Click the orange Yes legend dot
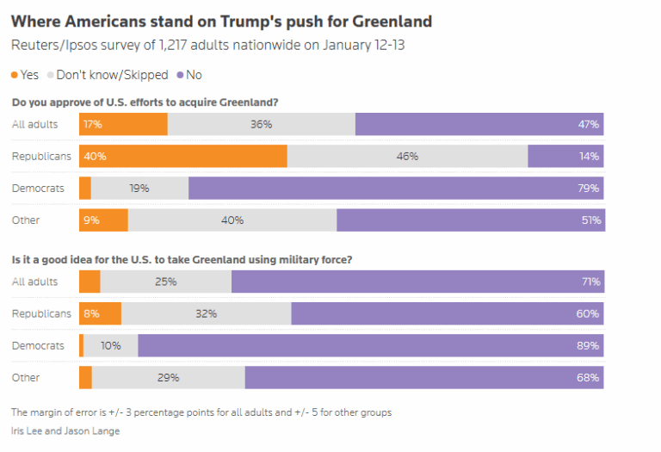tap(15, 75)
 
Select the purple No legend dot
tap(179, 75)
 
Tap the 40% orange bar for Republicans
tap(182, 156)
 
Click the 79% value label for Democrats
tap(589, 188)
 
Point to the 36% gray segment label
tap(261, 124)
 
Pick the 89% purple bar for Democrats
tap(370, 345)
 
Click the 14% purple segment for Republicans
tap(565, 156)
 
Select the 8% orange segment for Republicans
tap(100, 313)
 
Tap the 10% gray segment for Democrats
tap(110, 345)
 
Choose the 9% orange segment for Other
tap(103, 220)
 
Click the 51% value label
tap(590, 220)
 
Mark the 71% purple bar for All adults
tap(417, 282)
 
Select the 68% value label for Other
tap(589, 377)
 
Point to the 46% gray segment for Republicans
tap(407, 156)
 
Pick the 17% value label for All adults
tap(92, 124)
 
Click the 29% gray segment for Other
tap(168, 377)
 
